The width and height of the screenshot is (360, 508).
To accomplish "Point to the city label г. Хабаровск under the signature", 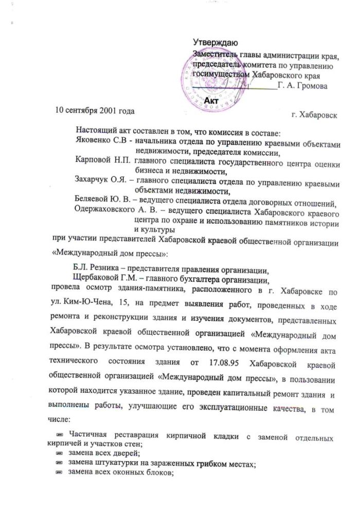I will (x=314, y=115).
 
